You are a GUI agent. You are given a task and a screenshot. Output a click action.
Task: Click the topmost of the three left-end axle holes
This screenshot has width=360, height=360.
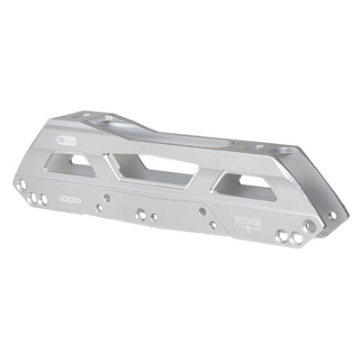click(x=22, y=184)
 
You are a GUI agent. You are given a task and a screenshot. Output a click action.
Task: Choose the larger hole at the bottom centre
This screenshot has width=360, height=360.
click(x=140, y=215)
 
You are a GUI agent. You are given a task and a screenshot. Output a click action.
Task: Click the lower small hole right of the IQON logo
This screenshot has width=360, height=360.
click(x=99, y=208)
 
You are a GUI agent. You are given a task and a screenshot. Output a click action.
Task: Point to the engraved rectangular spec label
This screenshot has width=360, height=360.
click(x=245, y=220)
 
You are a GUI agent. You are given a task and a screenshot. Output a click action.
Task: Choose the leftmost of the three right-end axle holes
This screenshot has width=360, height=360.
click(x=282, y=237)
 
